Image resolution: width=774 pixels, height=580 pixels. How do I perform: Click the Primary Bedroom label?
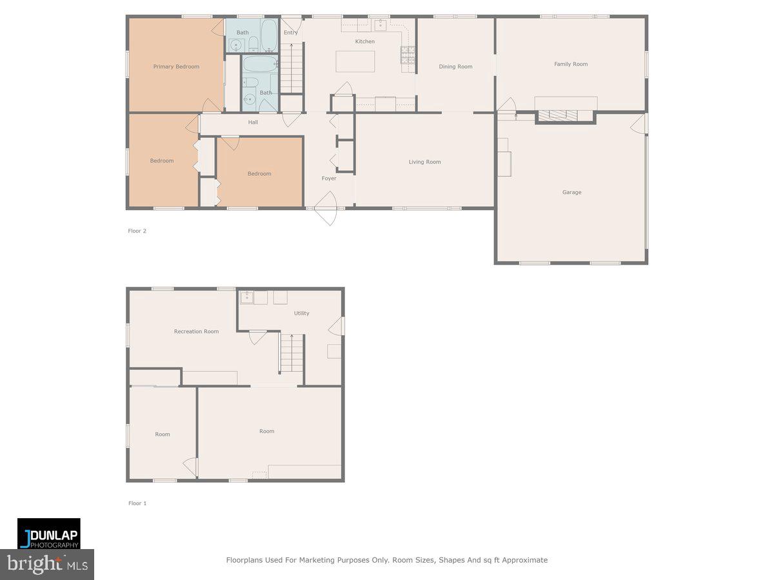[x=176, y=66]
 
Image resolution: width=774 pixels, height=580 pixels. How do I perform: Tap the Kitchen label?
[x=364, y=41]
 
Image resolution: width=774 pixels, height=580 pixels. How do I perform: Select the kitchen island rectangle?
[x=355, y=62]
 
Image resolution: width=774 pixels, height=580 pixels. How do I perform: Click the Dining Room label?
[x=455, y=66]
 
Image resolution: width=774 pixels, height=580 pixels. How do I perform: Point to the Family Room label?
[x=571, y=64]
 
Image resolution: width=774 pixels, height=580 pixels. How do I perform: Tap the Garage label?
[x=571, y=192]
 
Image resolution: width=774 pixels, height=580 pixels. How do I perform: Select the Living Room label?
[x=424, y=162]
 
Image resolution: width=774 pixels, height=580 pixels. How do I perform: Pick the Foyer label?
[x=329, y=179]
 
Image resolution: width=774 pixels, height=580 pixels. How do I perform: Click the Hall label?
[x=253, y=122]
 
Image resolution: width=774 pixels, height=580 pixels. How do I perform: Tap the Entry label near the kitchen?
[x=291, y=32]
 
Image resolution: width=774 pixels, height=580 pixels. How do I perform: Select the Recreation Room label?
[x=196, y=331]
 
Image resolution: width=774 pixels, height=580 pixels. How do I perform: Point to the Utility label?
[x=301, y=313]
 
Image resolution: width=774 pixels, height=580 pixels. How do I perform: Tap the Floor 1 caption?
[x=137, y=503]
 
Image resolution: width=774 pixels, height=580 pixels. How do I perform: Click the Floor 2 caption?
[x=137, y=231]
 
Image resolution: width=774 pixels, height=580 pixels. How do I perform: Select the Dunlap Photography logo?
[x=49, y=534]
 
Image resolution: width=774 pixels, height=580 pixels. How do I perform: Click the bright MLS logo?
[x=47, y=565]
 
